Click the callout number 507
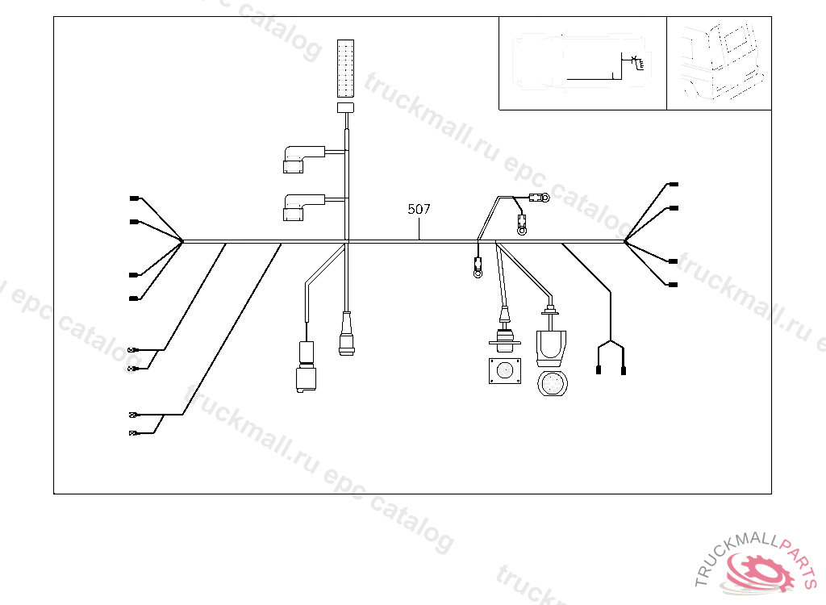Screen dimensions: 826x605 pyautogui.click(x=419, y=209)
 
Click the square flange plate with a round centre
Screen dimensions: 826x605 pyautogui.click(x=505, y=372)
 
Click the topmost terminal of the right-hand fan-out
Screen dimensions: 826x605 pyautogui.click(x=674, y=185)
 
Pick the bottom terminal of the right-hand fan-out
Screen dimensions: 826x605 pyautogui.click(x=674, y=285)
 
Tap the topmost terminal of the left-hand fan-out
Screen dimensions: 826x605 pyautogui.click(x=134, y=198)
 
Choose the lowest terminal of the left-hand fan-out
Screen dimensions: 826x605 pyautogui.click(x=134, y=298)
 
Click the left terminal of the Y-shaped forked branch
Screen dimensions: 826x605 pyautogui.click(x=598, y=370)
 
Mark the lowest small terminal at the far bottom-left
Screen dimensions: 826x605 pyautogui.click(x=134, y=434)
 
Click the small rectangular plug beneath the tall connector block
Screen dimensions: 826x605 pyautogui.click(x=345, y=107)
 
